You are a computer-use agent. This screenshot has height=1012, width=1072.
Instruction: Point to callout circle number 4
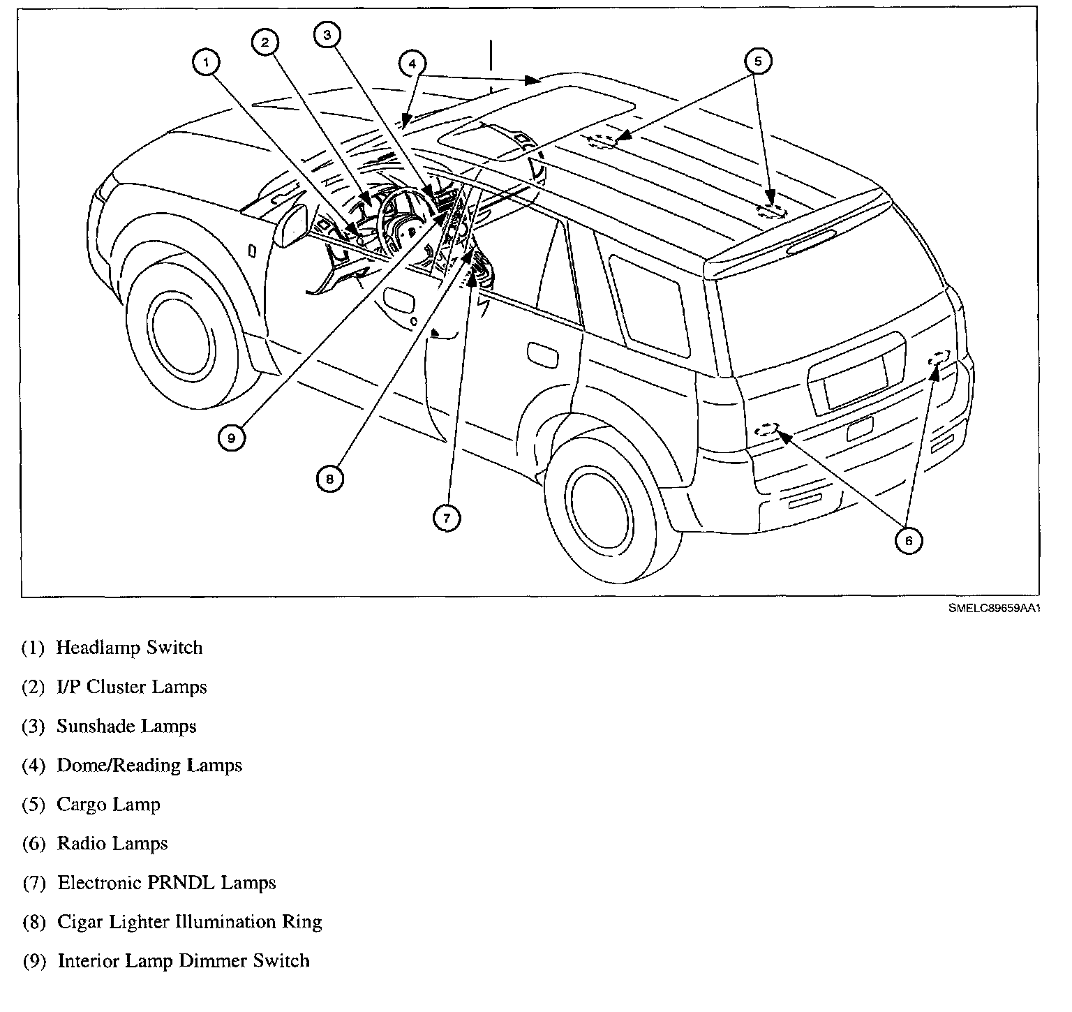[412, 64]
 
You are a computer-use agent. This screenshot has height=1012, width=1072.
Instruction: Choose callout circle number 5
[759, 61]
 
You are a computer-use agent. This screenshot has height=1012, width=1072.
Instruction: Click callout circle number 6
[908, 541]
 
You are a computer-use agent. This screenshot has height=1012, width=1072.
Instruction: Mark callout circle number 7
[447, 517]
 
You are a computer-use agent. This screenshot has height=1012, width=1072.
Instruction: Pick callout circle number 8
[329, 478]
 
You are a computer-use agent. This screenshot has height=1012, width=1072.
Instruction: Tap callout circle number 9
[231, 438]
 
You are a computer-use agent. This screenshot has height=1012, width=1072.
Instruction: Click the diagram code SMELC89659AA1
[994, 609]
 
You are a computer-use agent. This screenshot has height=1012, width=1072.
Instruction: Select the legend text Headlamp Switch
[129, 648]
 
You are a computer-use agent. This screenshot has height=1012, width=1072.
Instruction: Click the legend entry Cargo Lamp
[108, 805]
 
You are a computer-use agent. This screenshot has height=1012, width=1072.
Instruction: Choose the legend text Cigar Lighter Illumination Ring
[189, 922]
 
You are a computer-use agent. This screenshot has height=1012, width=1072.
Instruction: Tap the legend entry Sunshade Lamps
[126, 727]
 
